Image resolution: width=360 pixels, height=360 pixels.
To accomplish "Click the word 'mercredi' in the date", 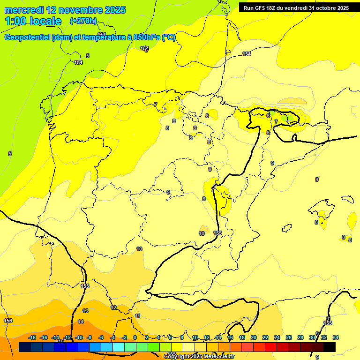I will pyautogui.click(x=23, y=10).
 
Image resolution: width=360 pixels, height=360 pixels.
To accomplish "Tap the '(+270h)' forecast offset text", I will pyautogui.click(x=83, y=21).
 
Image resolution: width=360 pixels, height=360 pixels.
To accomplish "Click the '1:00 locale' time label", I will pyautogui.click(x=33, y=21).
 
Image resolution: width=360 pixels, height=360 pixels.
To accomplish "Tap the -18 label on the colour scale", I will pyautogui.click(x=32, y=337).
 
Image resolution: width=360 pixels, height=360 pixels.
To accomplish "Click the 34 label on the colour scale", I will pyautogui.click(x=335, y=337).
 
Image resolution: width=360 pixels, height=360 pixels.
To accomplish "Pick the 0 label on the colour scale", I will pyautogui.click(x=135, y=337).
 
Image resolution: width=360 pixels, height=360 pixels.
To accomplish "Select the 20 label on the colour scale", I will pyautogui.click(x=253, y=337).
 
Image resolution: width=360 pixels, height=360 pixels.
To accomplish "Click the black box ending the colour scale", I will pyautogui.click(x=330, y=347).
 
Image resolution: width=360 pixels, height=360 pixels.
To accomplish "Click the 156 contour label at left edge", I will pyautogui.click(x=8, y=321).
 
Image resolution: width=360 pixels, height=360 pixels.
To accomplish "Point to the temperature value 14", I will pyautogui.click(x=81, y=322).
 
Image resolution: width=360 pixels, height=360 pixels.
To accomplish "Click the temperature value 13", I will pyautogui.click(x=85, y=311).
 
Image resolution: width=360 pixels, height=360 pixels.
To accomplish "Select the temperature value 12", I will pyautogui.click(x=113, y=307).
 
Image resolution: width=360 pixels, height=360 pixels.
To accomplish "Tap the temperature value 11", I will pyautogui.click(x=137, y=316).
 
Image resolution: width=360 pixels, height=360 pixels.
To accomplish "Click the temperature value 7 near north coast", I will pyautogui.click(x=156, y=105).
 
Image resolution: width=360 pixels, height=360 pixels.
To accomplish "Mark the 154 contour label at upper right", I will pyautogui.click(x=247, y=54).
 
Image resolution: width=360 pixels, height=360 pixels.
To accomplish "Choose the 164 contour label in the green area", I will pyautogui.click(x=78, y=62).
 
